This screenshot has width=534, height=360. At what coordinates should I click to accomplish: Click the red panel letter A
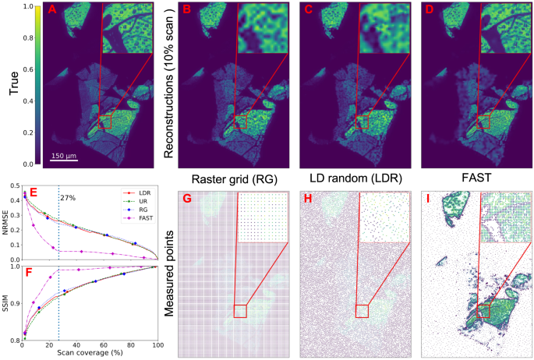(53, 10)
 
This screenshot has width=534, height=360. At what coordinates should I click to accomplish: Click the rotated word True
(13, 82)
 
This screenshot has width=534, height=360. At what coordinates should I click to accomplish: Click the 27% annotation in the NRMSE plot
(71, 198)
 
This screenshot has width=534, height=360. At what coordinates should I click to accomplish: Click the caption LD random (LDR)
(351, 178)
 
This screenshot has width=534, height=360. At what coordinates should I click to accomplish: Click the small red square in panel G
(240, 311)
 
